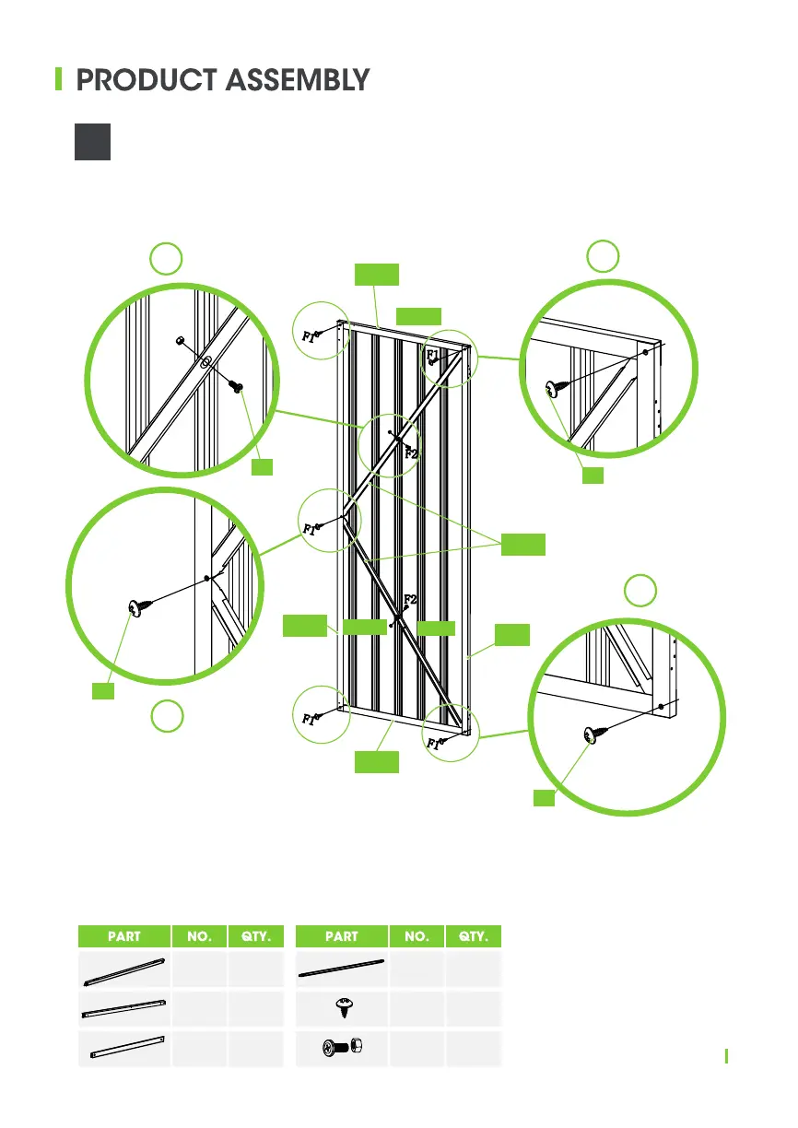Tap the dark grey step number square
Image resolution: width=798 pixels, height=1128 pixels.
[x=92, y=142]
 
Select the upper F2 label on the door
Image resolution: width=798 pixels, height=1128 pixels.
[x=412, y=454]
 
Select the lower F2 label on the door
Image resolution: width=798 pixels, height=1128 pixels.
[x=410, y=599]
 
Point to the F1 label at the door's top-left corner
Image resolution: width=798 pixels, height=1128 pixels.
[x=311, y=337]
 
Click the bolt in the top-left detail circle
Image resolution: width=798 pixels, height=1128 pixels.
[x=238, y=387]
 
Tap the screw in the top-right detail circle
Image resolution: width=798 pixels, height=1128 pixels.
[x=554, y=389]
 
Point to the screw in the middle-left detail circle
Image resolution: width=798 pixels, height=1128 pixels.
[x=139, y=606]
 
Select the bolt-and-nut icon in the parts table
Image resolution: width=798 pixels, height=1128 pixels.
[x=342, y=1048]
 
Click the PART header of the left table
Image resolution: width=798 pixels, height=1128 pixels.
[x=124, y=936]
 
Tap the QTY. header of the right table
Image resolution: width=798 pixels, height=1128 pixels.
[x=474, y=936]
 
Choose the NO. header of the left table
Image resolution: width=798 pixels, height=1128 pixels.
[x=199, y=936]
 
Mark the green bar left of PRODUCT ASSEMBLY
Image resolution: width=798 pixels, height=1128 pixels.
[x=59, y=79]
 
